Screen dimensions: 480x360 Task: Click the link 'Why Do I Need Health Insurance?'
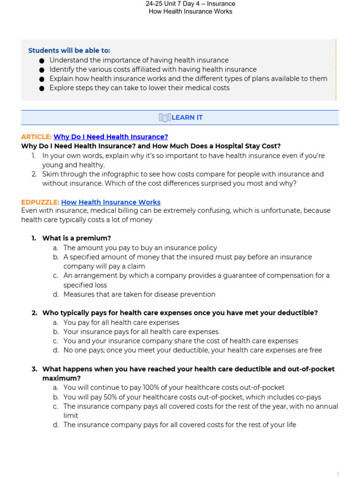pyautogui.click(x=111, y=137)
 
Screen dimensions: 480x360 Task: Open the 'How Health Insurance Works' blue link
pyautogui.click(x=111, y=202)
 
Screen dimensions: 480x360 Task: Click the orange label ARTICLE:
pyautogui.click(x=36, y=137)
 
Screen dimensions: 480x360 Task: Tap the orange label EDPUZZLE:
pyautogui.click(x=40, y=202)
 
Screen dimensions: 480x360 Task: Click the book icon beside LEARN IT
pyautogui.click(x=165, y=118)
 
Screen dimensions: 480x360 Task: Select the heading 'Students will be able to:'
pyautogui.click(x=69, y=51)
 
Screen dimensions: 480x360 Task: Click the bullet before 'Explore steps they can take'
pyautogui.click(x=42, y=88)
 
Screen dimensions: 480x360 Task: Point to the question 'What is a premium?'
pyautogui.click(x=76, y=238)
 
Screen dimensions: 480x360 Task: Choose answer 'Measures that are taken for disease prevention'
pyautogui.click(x=139, y=294)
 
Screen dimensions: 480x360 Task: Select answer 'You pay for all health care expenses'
pyautogui.click(x=121, y=322)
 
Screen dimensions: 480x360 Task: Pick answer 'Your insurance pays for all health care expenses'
pyautogui.click(x=141, y=332)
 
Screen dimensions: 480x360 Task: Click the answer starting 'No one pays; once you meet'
pyautogui.click(x=193, y=350)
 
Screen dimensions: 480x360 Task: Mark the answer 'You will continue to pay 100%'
pyautogui.click(x=173, y=387)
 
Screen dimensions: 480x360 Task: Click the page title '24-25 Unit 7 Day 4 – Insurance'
pyautogui.click(x=190, y=4)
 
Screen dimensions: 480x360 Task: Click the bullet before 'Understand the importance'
pyautogui.click(x=42, y=60)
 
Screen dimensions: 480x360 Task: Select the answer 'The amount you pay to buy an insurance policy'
pyautogui.click(x=140, y=247)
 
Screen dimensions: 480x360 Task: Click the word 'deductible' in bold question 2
pyautogui.click(x=300, y=313)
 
